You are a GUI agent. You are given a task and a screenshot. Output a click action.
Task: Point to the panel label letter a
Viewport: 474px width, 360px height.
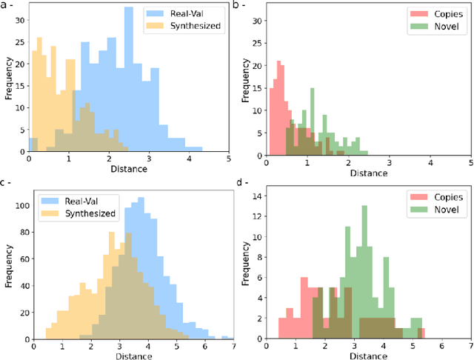[5, 6]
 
